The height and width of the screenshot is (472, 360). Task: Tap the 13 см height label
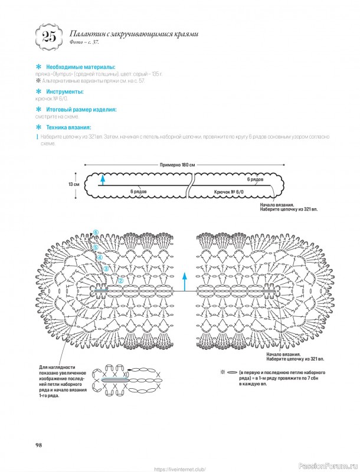pos(74,184)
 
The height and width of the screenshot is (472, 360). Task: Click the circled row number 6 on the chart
pos(95,232)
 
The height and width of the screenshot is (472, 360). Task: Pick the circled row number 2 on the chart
pos(120,281)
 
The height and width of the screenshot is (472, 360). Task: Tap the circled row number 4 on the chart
pos(100,257)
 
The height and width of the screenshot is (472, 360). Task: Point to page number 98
pos(38,444)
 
